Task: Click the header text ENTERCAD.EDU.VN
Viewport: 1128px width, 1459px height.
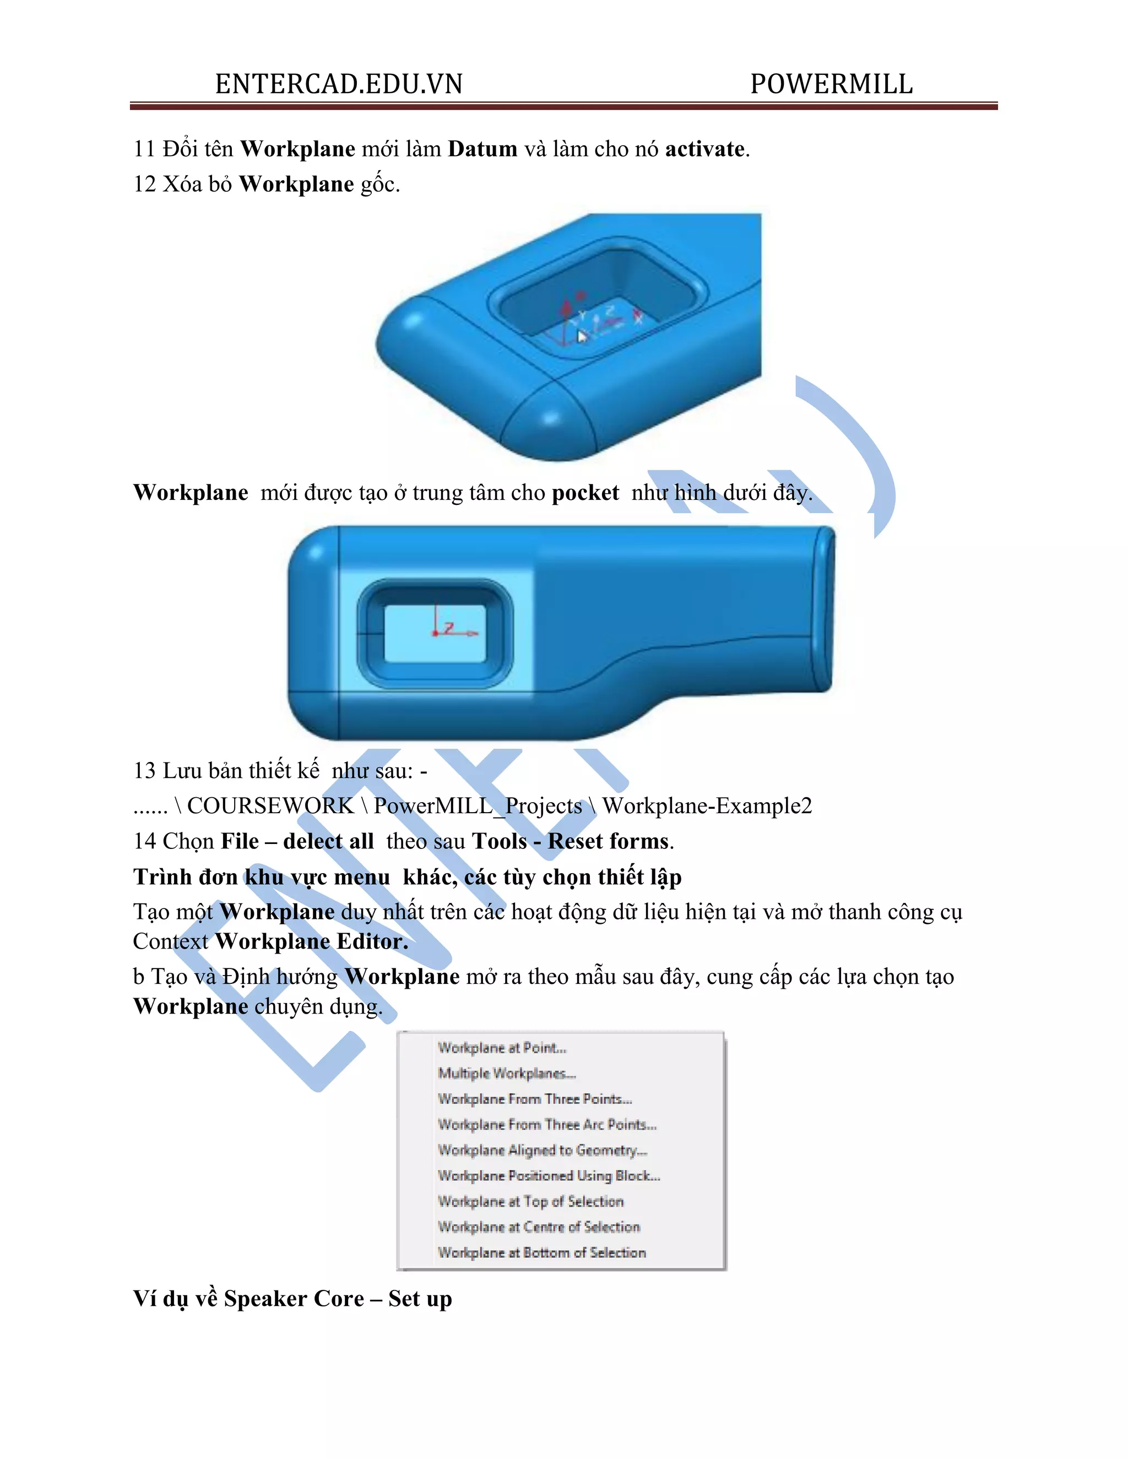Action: click(x=339, y=84)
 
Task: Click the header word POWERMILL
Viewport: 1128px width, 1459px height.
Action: click(x=831, y=84)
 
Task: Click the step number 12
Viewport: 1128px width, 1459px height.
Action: click(x=144, y=184)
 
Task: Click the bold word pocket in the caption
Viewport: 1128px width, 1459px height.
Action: click(x=585, y=492)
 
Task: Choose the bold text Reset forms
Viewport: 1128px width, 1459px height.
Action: click(x=608, y=841)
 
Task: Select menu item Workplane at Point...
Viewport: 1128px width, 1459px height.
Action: click(x=502, y=1048)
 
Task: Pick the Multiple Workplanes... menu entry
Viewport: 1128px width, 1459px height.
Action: click(x=507, y=1073)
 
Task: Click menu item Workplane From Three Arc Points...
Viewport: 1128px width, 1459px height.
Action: click(x=546, y=1124)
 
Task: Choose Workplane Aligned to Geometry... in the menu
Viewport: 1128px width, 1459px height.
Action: click(x=542, y=1150)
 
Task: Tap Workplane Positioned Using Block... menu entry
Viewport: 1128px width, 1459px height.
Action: click(x=549, y=1176)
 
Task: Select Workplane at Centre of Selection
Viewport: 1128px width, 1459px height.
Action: click(x=539, y=1227)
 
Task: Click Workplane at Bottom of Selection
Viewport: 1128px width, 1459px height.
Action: click(x=541, y=1253)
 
